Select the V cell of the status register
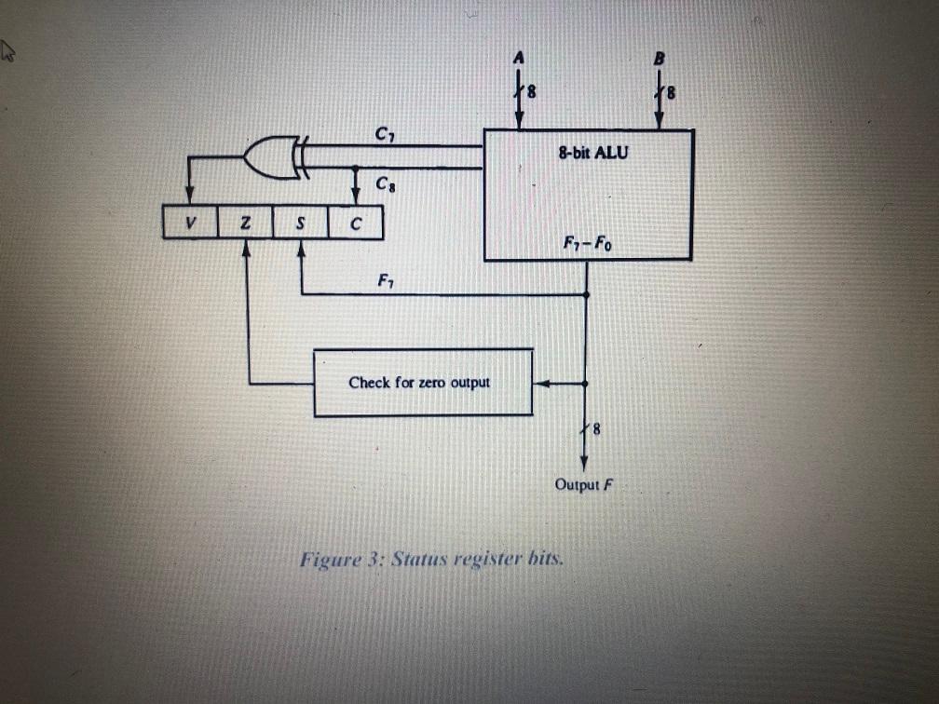[x=190, y=223]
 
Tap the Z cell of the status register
[x=245, y=223]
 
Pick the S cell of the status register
[x=301, y=223]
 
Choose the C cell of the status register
[x=355, y=223]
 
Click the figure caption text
[x=431, y=560]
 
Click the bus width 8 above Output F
[x=597, y=430]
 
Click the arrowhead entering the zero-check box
[x=540, y=383]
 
